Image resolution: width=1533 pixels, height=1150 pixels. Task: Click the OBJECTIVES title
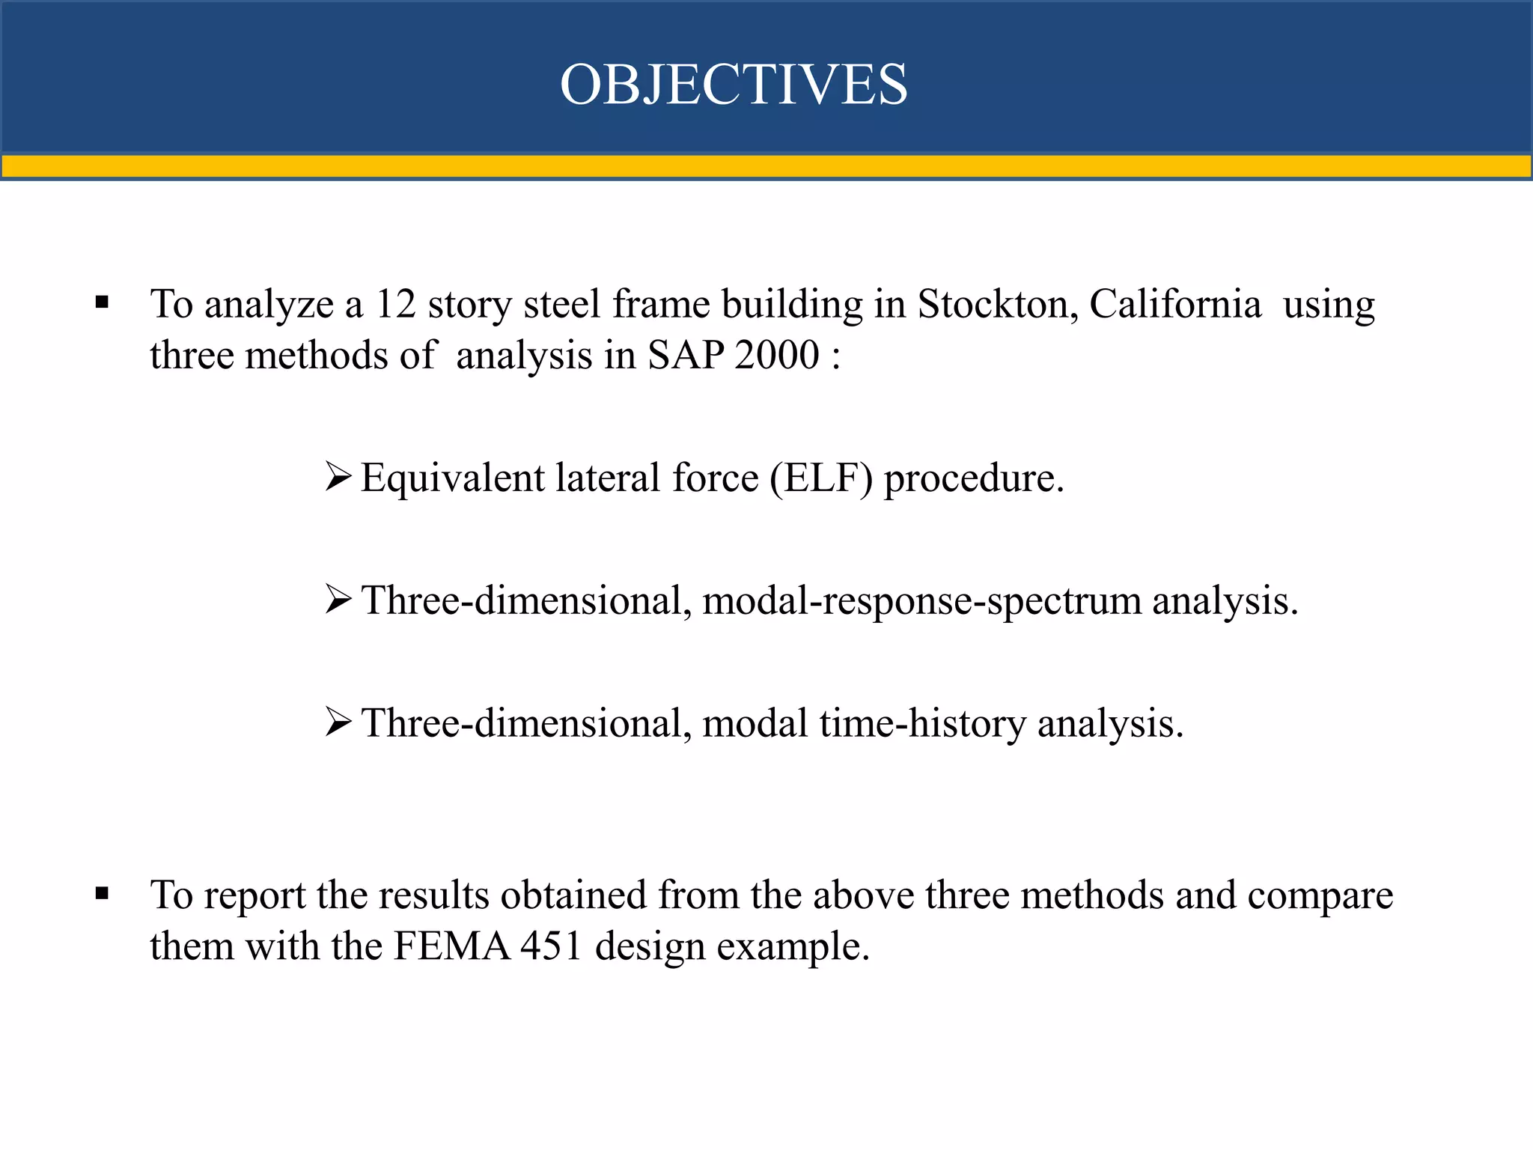coord(734,84)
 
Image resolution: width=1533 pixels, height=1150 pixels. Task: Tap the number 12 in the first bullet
coord(395,305)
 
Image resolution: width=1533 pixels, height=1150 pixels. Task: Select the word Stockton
coord(996,305)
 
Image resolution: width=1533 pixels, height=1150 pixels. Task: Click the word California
coord(1174,305)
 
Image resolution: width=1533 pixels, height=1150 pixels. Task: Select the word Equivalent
coord(452,478)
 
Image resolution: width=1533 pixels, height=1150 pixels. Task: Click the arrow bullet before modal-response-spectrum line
coord(338,599)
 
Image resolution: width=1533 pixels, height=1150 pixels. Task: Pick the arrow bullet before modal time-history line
coord(338,722)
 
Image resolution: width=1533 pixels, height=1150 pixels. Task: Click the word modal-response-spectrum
coord(921,600)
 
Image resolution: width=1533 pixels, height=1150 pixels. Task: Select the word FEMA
coord(451,946)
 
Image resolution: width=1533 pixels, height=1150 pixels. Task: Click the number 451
coord(552,946)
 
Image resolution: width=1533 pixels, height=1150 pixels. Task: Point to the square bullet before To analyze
coord(103,303)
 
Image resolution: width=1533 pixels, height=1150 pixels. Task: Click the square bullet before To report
coord(103,893)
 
